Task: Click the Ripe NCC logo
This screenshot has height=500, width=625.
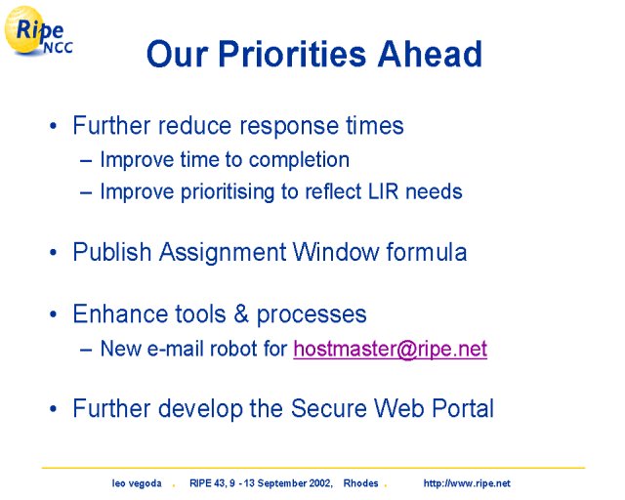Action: [38, 31]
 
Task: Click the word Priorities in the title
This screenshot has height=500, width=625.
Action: [292, 54]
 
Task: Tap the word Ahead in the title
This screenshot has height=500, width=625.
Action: [430, 54]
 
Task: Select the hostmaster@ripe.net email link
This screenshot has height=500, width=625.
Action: [391, 349]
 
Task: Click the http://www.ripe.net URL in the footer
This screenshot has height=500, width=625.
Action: [467, 483]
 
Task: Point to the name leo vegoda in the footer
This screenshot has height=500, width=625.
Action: [137, 483]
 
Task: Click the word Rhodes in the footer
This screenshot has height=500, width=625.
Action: [360, 483]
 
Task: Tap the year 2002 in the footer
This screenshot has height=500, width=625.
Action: [320, 483]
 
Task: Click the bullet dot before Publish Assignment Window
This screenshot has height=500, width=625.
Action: [53, 252]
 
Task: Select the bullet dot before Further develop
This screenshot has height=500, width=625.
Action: [53, 409]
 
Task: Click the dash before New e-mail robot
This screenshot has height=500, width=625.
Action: [86, 350]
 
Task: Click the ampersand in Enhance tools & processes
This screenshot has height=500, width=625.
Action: [241, 313]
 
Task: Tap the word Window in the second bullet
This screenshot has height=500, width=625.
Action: [336, 252]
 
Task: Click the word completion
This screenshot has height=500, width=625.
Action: [300, 160]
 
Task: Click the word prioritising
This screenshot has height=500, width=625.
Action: [228, 191]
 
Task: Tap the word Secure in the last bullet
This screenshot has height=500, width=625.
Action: [329, 408]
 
